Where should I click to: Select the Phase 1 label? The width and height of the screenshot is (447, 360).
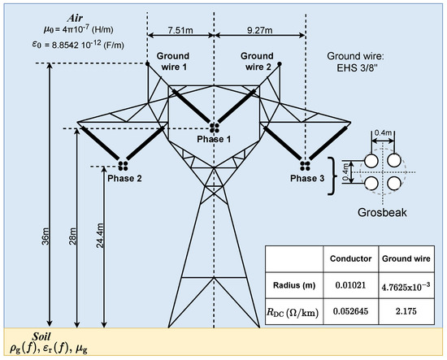coord(213,140)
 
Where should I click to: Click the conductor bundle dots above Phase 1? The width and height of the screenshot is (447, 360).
coord(214,128)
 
